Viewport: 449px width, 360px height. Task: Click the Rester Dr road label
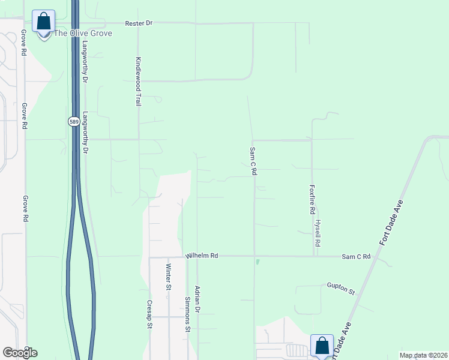(x=139, y=23)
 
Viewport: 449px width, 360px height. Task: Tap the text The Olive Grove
(x=83, y=33)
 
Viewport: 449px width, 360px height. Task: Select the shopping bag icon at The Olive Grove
(x=43, y=22)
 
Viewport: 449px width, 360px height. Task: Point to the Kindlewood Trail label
(x=138, y=82)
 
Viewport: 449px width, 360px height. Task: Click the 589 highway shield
(x=73, y=121)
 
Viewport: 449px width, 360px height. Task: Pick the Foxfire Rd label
(x=312, y=200)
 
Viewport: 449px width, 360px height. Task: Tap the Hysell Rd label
(x=318, y=233)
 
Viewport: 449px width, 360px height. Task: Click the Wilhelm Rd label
(x=201, y=256)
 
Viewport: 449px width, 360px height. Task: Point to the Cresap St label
(x=150, y=314)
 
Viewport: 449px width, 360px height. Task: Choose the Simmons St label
(x=187, y=314)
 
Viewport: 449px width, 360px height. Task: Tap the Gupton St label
(x=341, y=288)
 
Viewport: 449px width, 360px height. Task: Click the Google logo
(x=20, y=353)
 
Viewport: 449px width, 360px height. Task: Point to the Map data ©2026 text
(x=423, y=355)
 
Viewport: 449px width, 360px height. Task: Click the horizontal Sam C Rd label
(x=356, y=256)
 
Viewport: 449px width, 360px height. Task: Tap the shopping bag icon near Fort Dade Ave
(x=322, y=346)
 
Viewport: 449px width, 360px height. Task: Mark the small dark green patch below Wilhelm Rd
(x=258, y=262)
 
